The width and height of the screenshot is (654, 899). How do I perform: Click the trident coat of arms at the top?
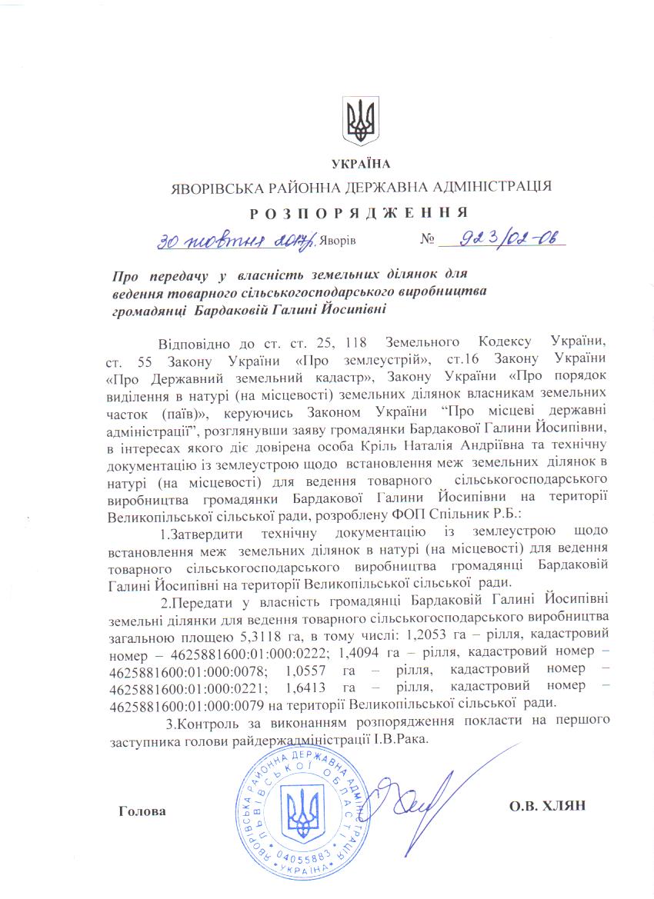(360, 122)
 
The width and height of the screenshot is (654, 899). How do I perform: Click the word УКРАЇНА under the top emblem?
(360, 163)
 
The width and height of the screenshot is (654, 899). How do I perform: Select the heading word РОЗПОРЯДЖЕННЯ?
(360, 212)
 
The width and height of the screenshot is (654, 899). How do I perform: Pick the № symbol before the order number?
(428, 240)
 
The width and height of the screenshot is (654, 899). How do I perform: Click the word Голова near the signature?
(142, 810)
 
